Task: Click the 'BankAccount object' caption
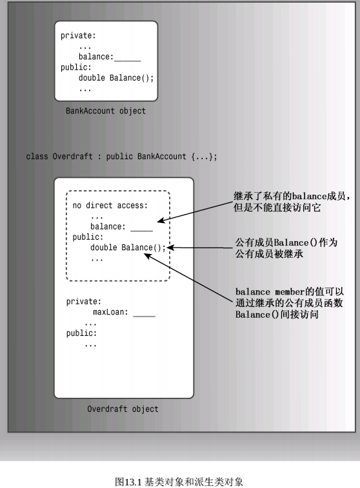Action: (106, 111)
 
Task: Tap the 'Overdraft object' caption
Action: (123, 409)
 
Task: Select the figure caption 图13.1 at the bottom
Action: (179, 482)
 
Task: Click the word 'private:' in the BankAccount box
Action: (78, 36)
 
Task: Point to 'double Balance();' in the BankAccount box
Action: (116, 77)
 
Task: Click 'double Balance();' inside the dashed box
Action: (128, 248)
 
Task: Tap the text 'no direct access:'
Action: (110, 206)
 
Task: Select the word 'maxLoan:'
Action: (110, 312)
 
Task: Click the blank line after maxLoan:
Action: (144, 316)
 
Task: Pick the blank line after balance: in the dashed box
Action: (142, 231)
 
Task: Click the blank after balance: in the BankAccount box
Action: (127, 61)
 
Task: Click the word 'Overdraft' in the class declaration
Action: (72, 156)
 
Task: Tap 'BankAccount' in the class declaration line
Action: (162, 156)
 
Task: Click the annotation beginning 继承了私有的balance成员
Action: (292, 202)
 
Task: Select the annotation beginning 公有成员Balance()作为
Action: (286, 248)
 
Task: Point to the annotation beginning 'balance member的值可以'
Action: (289, 303)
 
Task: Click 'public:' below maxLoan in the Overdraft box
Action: (81, 333)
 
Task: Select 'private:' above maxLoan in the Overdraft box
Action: (84, 302)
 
